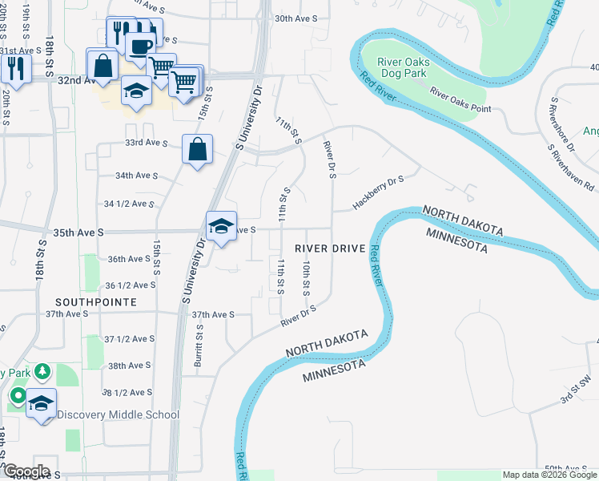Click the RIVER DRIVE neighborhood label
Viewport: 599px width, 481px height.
coord(330,249)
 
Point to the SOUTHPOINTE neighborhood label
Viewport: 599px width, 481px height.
coord(91,301)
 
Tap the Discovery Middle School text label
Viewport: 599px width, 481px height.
coord(119,414)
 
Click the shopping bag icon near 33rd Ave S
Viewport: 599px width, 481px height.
coord(197,149)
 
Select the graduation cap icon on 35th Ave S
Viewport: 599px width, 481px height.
coord(221,227)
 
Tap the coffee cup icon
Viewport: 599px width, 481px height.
coord(139,46)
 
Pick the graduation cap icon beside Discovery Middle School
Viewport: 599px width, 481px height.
coord(42,403)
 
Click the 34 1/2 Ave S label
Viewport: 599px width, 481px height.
coord(129,204)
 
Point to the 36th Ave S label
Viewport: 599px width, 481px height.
coord(129,259)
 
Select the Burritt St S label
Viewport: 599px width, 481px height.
coord(199,346)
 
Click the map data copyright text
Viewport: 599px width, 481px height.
coord(549,475)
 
